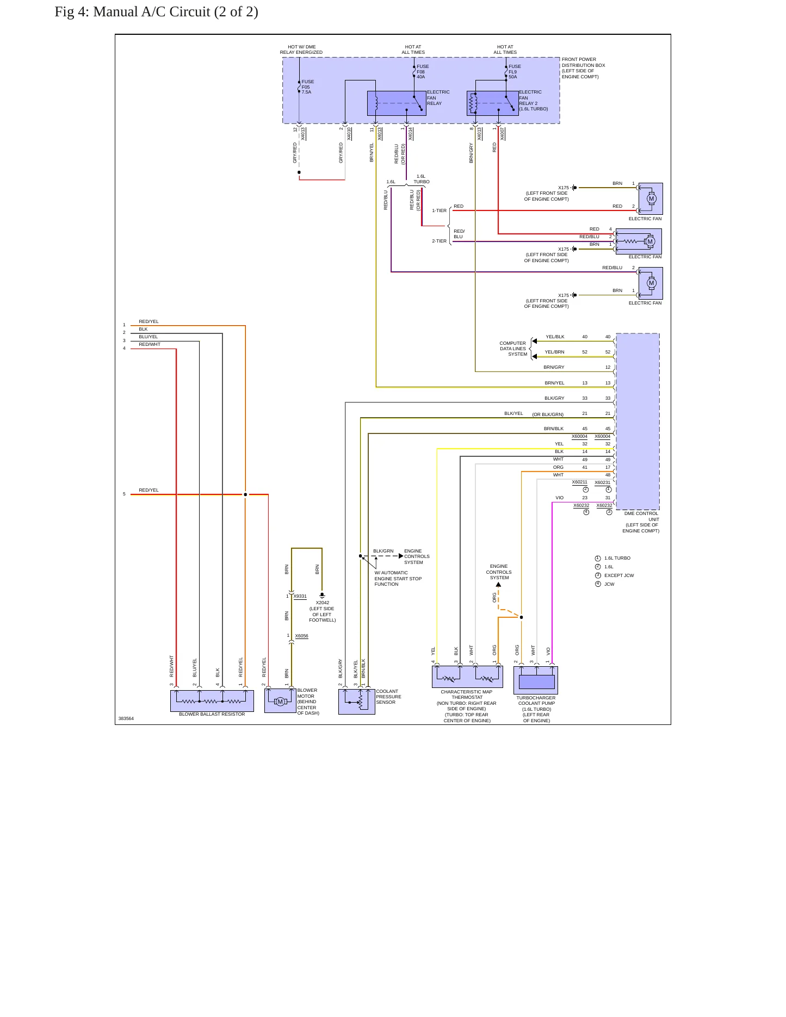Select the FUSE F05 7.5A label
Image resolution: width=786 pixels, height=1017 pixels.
308,87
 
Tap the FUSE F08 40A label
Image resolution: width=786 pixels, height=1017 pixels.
423,72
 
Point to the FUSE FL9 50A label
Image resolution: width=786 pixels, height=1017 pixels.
515,72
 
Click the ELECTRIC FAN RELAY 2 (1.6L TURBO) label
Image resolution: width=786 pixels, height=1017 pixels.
534,101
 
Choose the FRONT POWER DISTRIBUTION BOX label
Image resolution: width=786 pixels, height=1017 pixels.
583,68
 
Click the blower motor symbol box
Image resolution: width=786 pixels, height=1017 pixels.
280,701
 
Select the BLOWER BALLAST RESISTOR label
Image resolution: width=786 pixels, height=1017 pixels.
212,714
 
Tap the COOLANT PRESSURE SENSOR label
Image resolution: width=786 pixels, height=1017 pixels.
388,697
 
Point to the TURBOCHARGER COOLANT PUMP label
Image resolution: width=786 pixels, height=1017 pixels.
536,709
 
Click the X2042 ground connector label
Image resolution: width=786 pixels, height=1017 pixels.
323,611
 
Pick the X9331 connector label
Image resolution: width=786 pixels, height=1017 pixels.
300,597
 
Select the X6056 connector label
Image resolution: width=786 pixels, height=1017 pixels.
302,636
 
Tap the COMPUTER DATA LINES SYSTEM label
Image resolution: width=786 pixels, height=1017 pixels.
513,349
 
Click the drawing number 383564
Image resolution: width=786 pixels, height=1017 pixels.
126,719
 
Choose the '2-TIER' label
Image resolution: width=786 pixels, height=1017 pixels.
440,241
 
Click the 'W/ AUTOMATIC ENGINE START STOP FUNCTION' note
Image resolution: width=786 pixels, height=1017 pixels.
398,579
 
